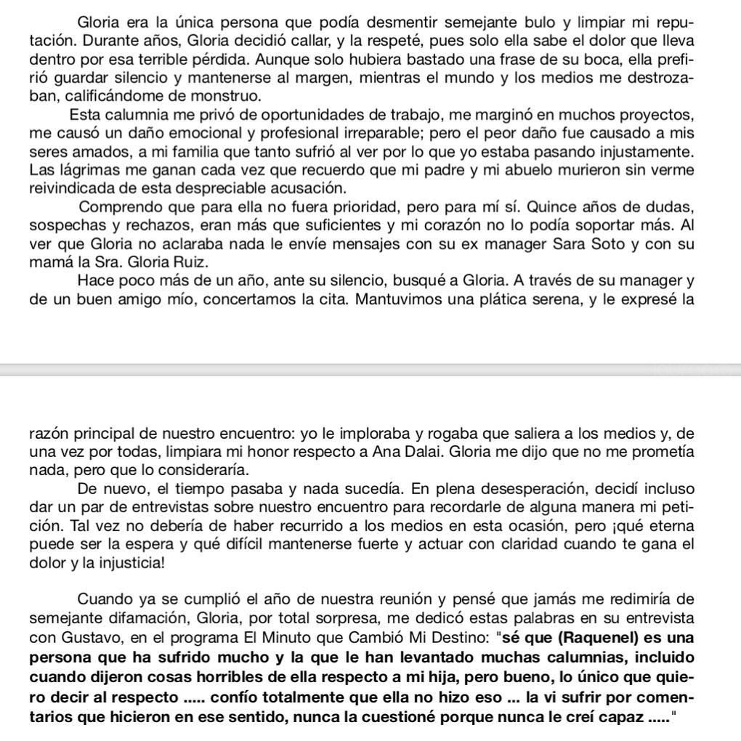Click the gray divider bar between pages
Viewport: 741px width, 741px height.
pos(370,370)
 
